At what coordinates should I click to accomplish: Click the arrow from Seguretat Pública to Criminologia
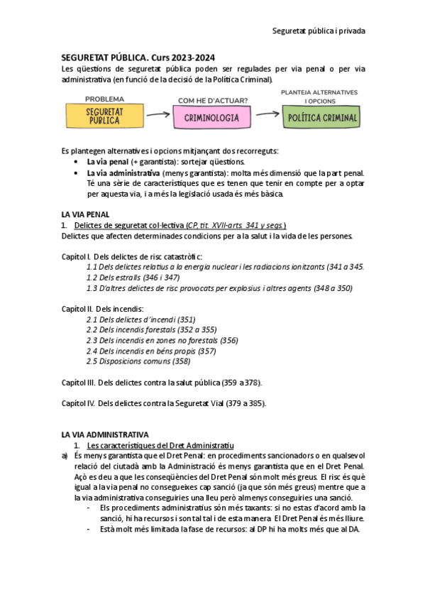tap(157, 114)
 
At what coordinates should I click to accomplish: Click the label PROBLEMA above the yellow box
tap(104, 99)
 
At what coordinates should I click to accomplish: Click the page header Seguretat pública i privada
tap(319, 31)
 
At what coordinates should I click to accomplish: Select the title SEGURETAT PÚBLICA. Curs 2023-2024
tap(139, 58)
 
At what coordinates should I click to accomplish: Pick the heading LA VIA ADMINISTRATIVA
tap(105, 434)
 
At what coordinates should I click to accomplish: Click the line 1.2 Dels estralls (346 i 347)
tap(133, 278)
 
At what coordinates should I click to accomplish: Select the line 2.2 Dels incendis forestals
tap(151, 329)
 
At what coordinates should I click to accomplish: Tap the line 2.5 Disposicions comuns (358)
tap(138, 361)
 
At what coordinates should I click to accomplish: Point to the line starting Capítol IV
tap(164, 403)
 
